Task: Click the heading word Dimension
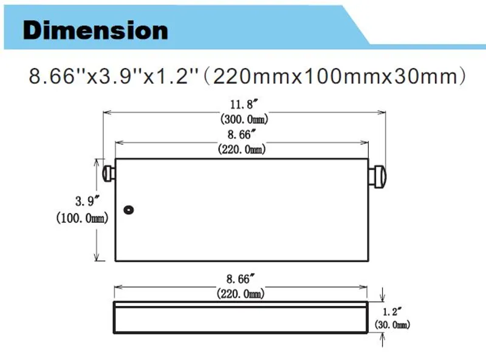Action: click(x=95, y=30)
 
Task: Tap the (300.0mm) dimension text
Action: click(x=244, y=119)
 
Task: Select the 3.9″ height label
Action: click(x=87, y=202)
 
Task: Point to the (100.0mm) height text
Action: click(x=82, y=218)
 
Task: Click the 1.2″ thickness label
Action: click(x=392, y=311)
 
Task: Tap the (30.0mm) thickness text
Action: click(x=392, y=325)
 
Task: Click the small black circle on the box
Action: click(x=129, y=210)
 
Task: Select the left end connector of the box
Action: click(x=109, y=174)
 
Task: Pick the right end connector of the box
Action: click(x=377, y=177)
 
